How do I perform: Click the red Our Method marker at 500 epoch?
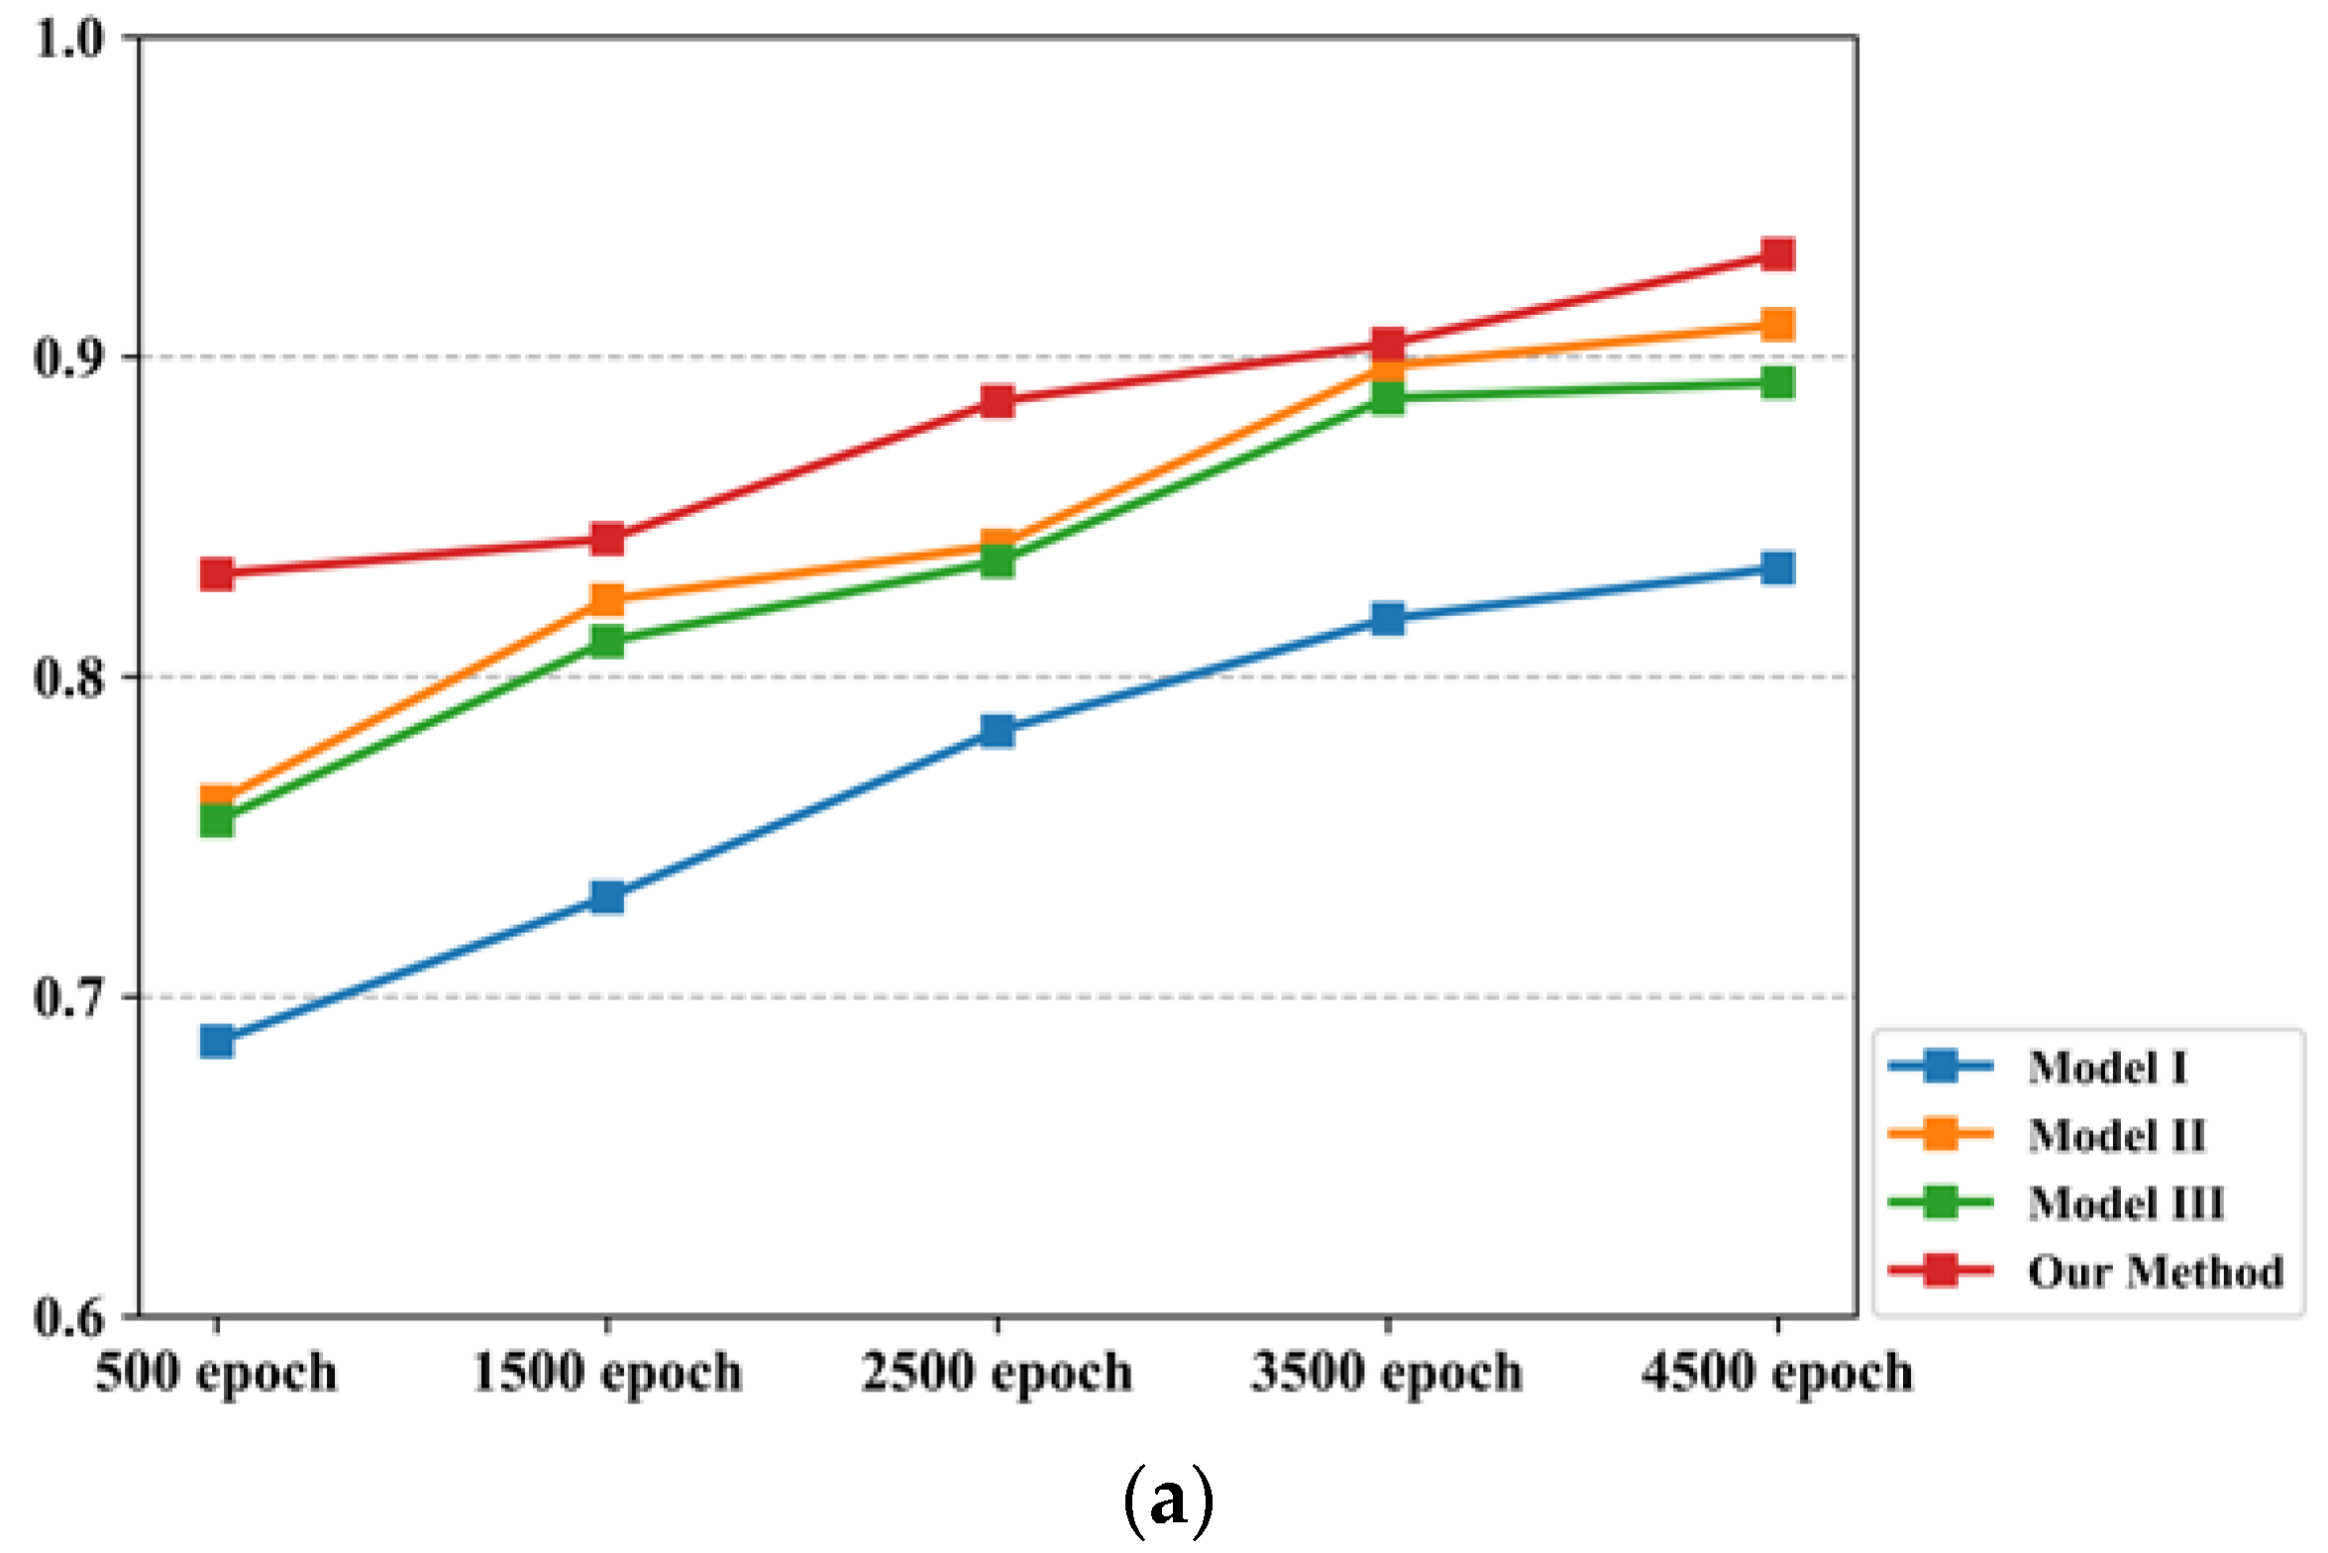[217, 573]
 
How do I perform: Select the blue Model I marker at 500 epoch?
[217, 1041]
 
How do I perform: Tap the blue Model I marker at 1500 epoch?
[607, 897]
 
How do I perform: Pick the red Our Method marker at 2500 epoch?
[998, 401]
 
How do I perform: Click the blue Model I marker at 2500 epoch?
[998, 731]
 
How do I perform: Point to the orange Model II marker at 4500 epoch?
[1778, 324]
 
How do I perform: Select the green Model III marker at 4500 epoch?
[1778, 382]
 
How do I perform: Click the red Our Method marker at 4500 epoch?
[1778, 254]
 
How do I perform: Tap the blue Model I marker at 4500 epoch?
[1778, 569]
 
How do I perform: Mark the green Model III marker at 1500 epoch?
[607, 641]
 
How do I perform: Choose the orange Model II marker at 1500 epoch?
[607, 598]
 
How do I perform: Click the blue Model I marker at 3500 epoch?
[1388, 619]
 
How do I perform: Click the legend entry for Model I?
[2106, 1068]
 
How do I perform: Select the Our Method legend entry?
[2155, 1272]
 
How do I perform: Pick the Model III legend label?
[2126, 1203]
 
